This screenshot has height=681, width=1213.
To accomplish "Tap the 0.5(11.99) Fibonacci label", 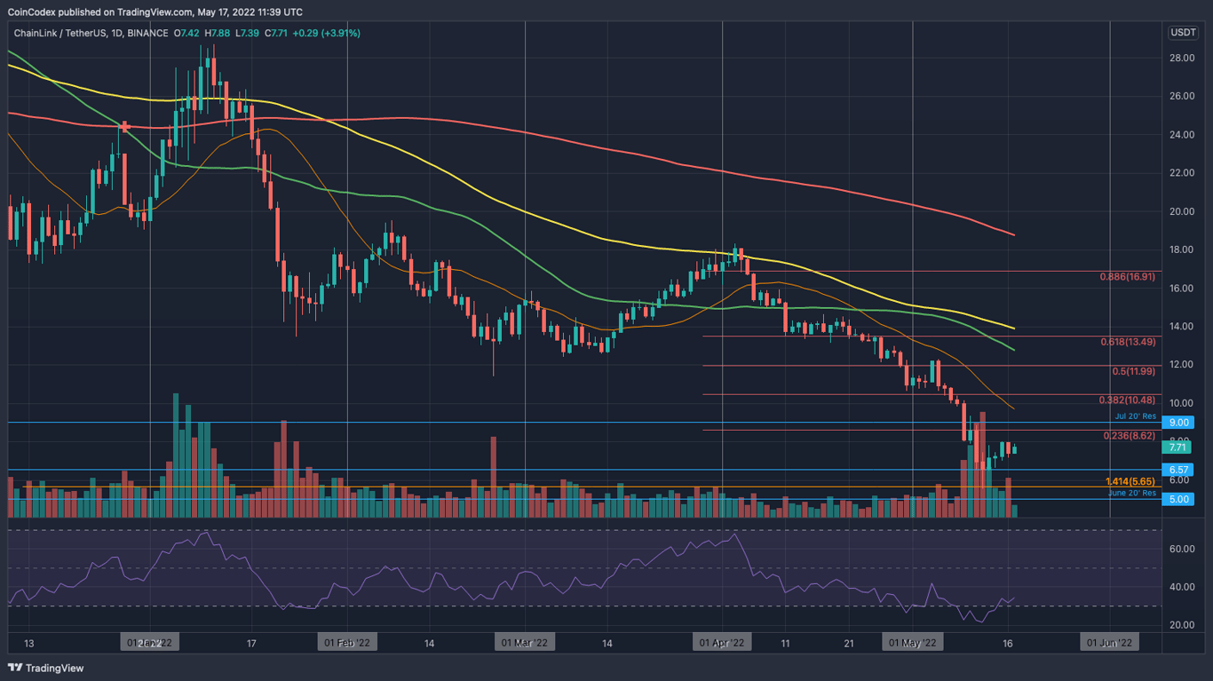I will (1134, 371).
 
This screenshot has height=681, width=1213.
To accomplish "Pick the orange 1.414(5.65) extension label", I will (1130, 481).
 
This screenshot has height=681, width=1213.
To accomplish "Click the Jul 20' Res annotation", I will (1136, 416).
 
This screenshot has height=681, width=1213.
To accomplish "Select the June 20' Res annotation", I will (1132, 493).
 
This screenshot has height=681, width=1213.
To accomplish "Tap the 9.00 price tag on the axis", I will (1179, 423).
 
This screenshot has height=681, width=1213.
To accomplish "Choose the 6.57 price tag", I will (1179, 470).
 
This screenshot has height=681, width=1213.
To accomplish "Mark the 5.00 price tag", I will (1179, 499).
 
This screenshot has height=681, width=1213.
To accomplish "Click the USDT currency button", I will (1183, 33).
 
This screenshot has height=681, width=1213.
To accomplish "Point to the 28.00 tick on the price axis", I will (1180, 58).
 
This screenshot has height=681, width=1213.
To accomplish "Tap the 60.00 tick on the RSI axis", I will (1180, 549).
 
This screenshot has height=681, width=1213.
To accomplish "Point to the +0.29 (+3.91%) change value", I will (327, 33).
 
